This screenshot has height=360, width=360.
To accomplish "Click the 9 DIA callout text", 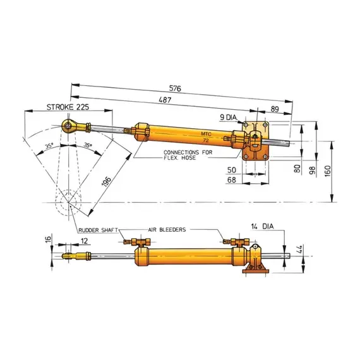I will click(230, 117).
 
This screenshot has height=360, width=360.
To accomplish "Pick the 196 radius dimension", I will click(107, 183).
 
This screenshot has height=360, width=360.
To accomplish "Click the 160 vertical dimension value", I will click(339, 171).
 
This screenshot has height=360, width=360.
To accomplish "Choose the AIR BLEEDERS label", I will click(167, 231).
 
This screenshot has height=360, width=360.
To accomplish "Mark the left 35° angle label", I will click(49, 145).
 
